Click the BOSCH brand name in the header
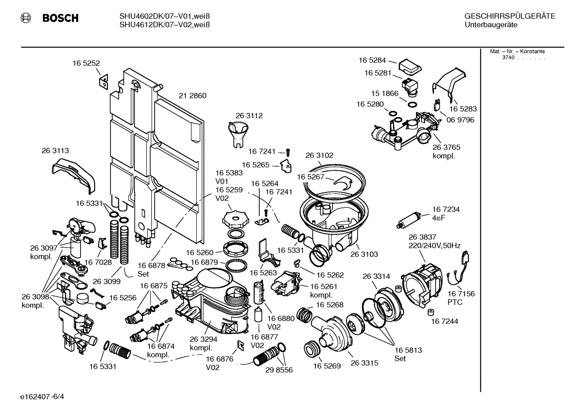point(60,18)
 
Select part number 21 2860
point(192,96)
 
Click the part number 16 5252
point(86,63)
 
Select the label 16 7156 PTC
point(461,298)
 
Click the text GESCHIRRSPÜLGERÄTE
point(509,16)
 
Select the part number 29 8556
point(279,370)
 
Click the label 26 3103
point(364,254)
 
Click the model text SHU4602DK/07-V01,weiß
point(164,16)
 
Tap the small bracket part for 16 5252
point(103,81)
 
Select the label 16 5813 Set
point(408,354)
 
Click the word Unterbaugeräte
point(491,25)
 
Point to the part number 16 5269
point(326,366)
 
